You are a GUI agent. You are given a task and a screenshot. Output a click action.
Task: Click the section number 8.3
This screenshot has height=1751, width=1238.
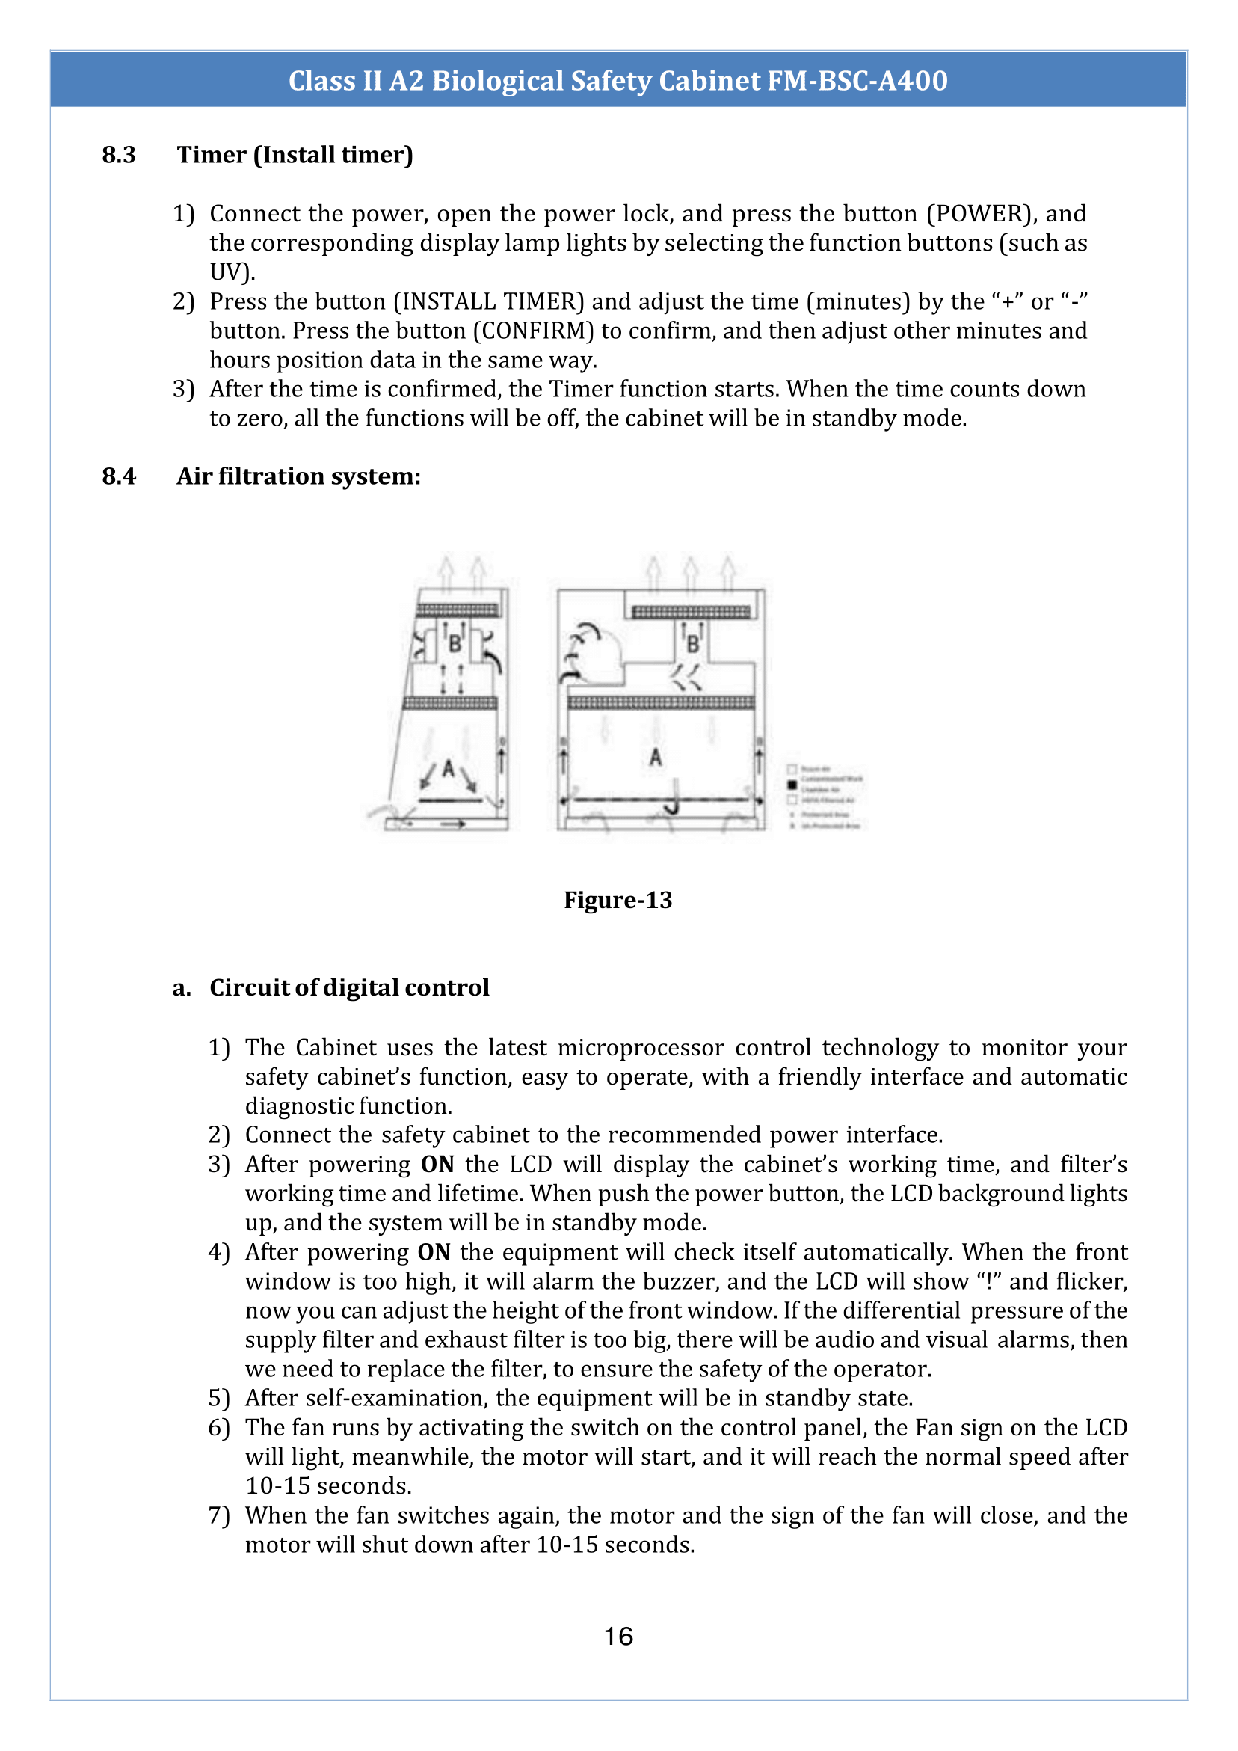click(119, 155)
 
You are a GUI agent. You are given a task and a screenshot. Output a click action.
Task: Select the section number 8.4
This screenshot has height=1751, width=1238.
click(119, 476)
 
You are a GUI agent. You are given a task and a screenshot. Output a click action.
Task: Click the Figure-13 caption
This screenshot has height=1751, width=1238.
click(618, 900)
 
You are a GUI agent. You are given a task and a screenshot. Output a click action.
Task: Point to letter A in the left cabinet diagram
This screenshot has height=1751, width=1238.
click(449, 768)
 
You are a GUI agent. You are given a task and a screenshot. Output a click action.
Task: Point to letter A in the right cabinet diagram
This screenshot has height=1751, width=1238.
click(656, 757)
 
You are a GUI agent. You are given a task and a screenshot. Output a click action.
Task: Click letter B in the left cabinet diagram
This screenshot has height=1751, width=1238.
click(455, 645)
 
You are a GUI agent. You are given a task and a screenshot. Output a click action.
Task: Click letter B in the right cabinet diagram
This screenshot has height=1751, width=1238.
click(693, 645)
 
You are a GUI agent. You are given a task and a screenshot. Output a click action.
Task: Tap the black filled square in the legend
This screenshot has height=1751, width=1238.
click(792, 784)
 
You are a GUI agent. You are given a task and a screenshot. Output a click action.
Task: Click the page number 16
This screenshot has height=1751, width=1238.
click(618, 1636)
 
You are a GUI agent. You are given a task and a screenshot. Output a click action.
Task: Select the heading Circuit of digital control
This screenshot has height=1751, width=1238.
click(349, 987)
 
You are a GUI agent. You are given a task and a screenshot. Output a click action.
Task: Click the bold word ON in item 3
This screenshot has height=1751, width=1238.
click(437, 1165)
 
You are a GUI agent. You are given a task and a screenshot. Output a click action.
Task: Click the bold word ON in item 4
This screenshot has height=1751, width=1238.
click(434, 1252)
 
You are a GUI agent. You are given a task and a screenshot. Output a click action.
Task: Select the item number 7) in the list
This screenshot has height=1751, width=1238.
click(219, 1515)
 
